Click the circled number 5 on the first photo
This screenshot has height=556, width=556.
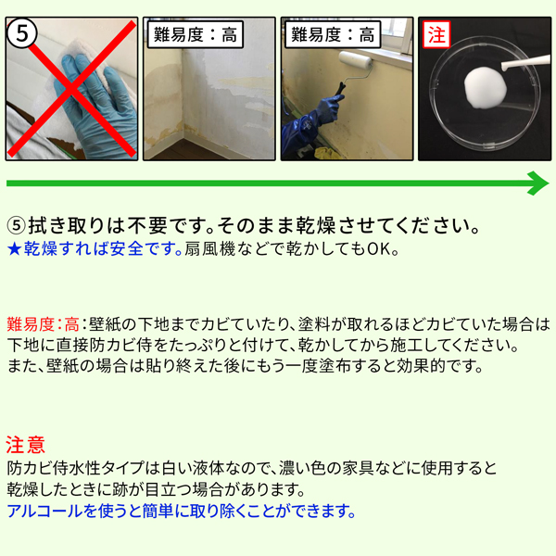click(x=21, y=34)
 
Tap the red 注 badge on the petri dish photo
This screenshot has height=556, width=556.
click(x=436, y=34)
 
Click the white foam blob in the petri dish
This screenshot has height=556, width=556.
click(x=485, y=87)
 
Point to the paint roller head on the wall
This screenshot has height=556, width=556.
click(x=355, y=59)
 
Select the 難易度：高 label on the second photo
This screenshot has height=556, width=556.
click(x=196, y=35)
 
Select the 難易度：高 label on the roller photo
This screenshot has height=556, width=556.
click(x=333, y=35)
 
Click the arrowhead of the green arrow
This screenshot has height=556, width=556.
click(x=538, y=183)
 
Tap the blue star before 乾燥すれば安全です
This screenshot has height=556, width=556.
click(x=15, y=249)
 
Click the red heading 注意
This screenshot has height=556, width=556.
click(x=26, y=445)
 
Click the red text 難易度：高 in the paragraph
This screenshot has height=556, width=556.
click(x=43, y=324)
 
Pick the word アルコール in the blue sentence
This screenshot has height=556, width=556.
click(x=44, y=511)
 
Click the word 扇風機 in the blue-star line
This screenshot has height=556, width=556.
click(x=209, y=249)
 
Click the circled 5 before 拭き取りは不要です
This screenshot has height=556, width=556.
click(x=17, y=226)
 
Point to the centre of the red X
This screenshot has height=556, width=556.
click(x=72, y=88)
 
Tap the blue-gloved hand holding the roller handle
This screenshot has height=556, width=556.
click(x=328, y=109)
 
